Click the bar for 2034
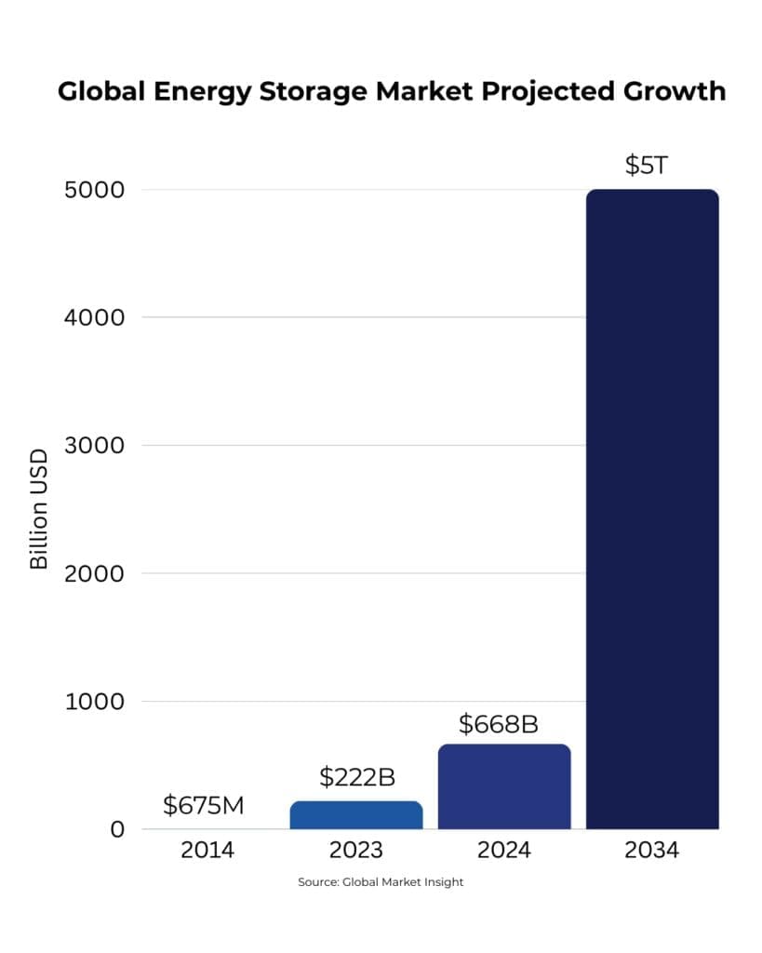click(652, 509)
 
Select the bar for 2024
click(504, 786)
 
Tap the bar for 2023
click(356, 814)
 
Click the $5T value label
click(647, 166)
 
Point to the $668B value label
click(499, 723)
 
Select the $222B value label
click(357, 778)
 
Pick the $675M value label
click(204, 805)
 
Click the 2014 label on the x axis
click(208, 851)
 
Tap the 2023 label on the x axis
click(356, 851)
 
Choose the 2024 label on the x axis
click(504, 851)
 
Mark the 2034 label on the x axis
click(651, 851)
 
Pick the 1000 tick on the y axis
click(94, 701)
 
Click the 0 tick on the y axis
click(117, 828)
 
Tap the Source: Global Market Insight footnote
click(381, 882)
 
